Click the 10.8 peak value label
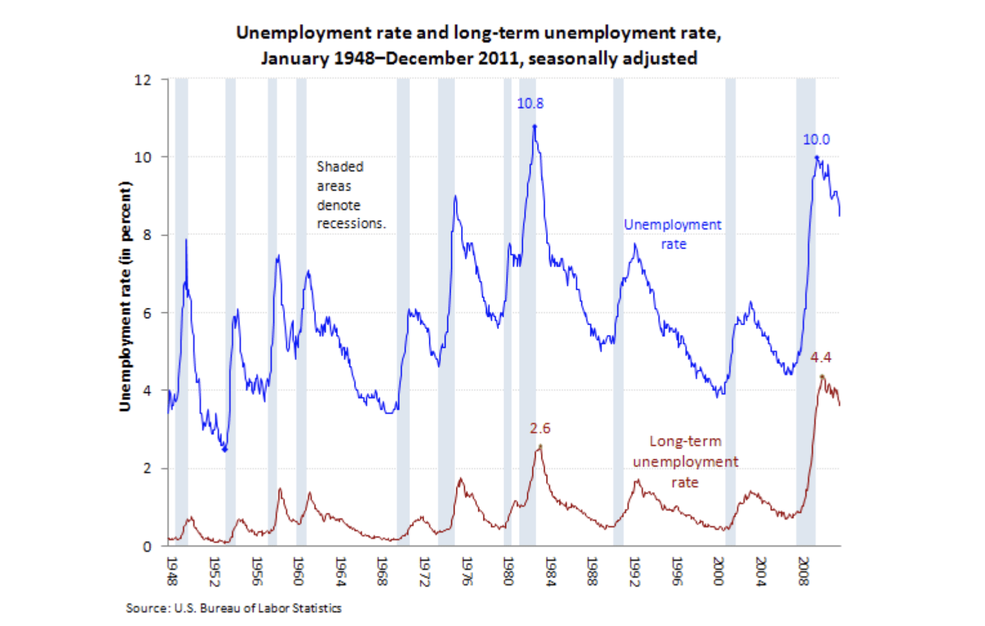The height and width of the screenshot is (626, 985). point(530,103)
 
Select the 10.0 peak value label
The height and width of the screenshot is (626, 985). point(816,139)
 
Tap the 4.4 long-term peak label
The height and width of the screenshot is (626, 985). point(820,357)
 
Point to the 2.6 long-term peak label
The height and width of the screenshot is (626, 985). point(540,428)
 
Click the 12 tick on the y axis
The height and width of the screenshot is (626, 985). point(143,80)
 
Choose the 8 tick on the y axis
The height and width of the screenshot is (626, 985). point(147,235)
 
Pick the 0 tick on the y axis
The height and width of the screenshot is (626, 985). point(147,546)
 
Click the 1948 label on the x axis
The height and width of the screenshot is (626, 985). point(171,571)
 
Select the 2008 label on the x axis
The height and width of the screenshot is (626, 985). point(803,571)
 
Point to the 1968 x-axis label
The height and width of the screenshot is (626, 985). point(382,571)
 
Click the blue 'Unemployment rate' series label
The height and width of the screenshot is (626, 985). point(673,234)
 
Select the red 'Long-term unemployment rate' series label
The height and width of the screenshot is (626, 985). point(685,462)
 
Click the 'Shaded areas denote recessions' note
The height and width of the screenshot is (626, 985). point(350,194)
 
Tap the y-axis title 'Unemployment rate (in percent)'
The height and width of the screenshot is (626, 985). point(125,296)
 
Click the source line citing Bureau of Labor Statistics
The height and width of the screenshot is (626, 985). point(233,608)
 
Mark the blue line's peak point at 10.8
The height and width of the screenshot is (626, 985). point(534,126)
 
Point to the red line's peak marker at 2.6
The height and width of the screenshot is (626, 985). point(540,446)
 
